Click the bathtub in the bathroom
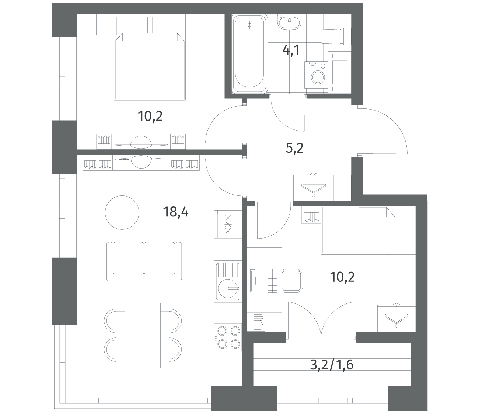click(249, 54)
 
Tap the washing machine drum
click(318, 77)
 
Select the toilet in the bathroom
click(336, 36)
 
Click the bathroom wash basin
click(289, 22)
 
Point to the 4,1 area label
click(291, 50)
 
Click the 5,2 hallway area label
click(294, 148)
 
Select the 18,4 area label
click(176, 212)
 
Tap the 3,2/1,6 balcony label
click(332, 365)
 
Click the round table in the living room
click(122, 212)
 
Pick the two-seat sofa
click(144, 261)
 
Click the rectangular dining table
click(143, 336)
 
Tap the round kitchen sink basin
click(228, 288)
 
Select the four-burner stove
click(228, 337)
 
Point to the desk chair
click(293, 281)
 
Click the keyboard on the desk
click(272, 281)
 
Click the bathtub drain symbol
click(249, 25)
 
